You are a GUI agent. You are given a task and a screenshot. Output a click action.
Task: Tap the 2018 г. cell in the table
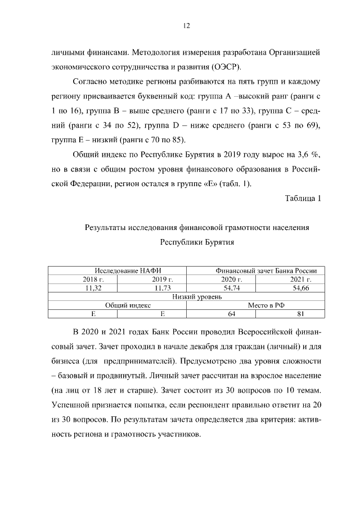click(82, 279)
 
